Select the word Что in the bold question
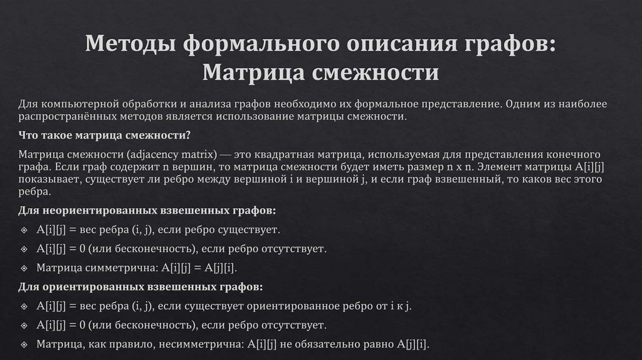tap(28, 135)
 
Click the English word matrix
tap(199, 154)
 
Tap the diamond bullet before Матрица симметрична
tap(23, 268)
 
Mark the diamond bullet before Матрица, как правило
tap(23, 345)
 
